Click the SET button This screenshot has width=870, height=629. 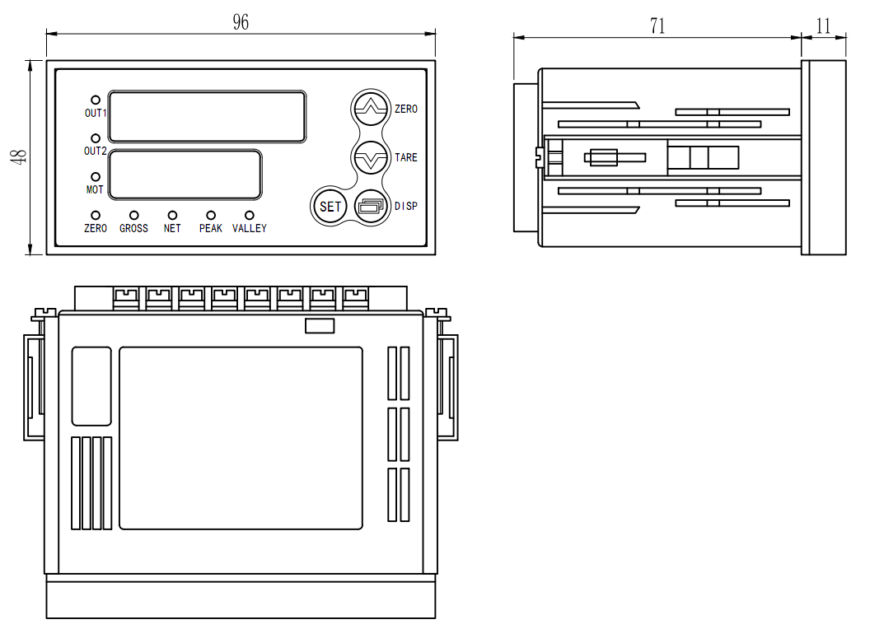point(330,207)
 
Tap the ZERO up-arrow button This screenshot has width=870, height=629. point(370,108)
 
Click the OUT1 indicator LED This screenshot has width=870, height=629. point(96,100)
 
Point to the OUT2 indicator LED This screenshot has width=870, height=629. point(96,138)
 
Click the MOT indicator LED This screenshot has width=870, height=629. point(96,177)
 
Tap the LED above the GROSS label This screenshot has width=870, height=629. point(133,215)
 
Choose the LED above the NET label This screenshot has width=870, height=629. point(172,215)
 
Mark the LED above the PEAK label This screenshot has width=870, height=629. point(211,215)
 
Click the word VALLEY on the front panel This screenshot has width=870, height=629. point(250,228)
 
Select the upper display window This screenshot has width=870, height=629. point(207,116)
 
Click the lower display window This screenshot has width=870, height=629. point(185,175)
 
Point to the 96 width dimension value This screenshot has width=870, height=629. point(241,23)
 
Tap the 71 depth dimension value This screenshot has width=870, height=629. point(657,26)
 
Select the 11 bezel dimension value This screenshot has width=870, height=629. point(823,26)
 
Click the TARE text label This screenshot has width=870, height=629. point(406,157)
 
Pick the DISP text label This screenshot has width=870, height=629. point(406,206)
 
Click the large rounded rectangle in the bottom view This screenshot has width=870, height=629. point(241,438)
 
